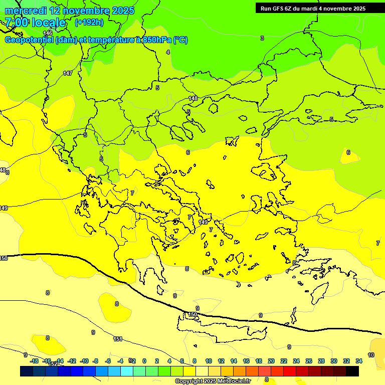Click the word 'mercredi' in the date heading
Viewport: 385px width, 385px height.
(25, 11)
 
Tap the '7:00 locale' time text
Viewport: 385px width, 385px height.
(35, 23)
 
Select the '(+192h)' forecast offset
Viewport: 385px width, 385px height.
(89, 23)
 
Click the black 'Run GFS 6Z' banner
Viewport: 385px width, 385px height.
(313, 9)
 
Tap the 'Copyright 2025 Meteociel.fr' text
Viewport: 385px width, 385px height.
(213, 381)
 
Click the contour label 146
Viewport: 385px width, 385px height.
(48, 33)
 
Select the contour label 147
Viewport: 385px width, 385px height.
(68, 74)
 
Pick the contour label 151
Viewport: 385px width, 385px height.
(117, 339)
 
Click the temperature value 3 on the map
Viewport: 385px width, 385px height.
(262, 38)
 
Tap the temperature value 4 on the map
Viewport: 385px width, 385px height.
(168, 52)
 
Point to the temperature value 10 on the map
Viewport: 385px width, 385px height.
(371, 355)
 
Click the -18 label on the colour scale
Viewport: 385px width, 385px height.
(34, 361)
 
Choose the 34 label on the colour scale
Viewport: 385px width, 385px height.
(358, 361)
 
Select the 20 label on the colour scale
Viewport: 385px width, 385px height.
(271, 361)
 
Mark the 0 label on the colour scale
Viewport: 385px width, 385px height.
(144, 361)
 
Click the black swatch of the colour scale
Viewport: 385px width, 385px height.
(352, 371)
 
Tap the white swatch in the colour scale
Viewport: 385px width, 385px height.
(202, 371)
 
